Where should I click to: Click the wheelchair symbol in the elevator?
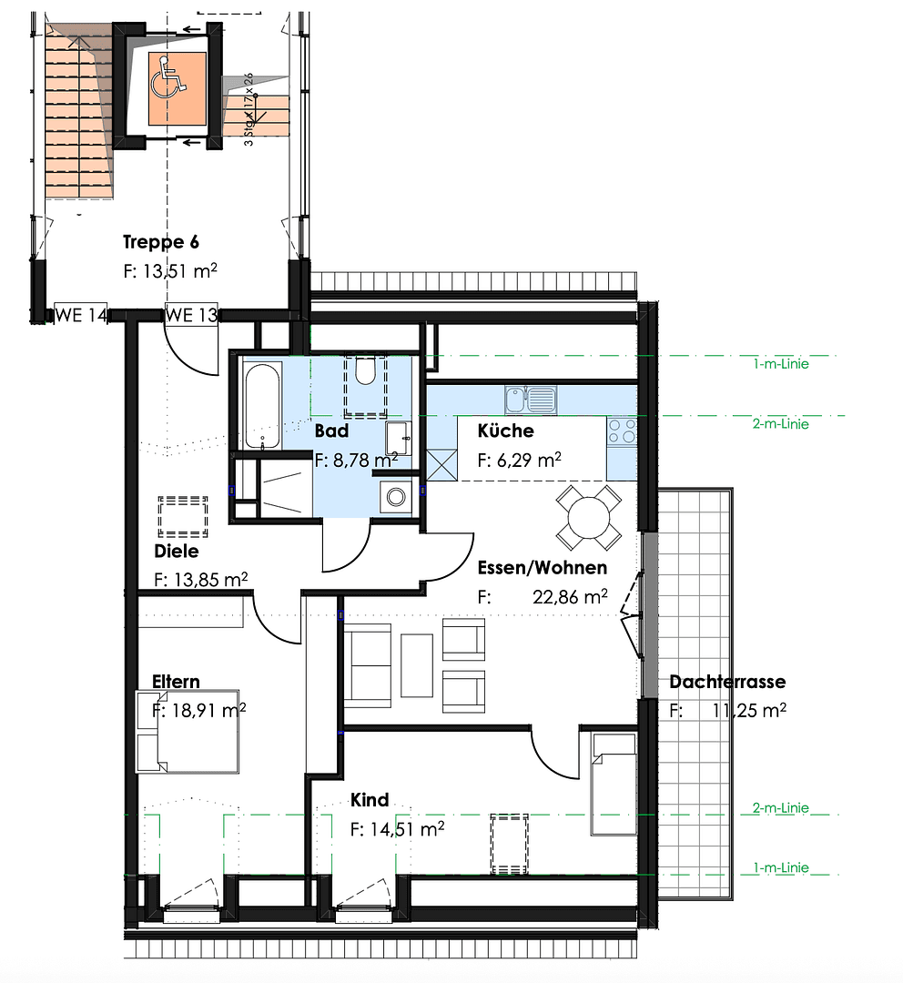coord(169,76)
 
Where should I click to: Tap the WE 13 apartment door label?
coord(191,315)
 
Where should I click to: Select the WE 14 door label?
coord(81,315)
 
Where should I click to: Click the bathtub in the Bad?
coord(261,406)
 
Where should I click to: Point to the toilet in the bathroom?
coord(365,371)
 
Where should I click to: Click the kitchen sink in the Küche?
coord(529,399)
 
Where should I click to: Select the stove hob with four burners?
coord(623,431)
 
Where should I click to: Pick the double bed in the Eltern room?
coord(188,731)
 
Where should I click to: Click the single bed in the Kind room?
coord(614,783)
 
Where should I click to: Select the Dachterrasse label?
coord(726,682)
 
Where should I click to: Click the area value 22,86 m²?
coord(570,598)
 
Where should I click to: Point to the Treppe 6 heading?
coord(161,242)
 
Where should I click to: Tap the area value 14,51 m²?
coord(397,829)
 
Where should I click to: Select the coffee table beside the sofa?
coord(417,665)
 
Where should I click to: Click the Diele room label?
coord(177,551)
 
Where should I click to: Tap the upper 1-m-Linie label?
coord(780,364)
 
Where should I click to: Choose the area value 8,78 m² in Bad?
coord(356,461)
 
